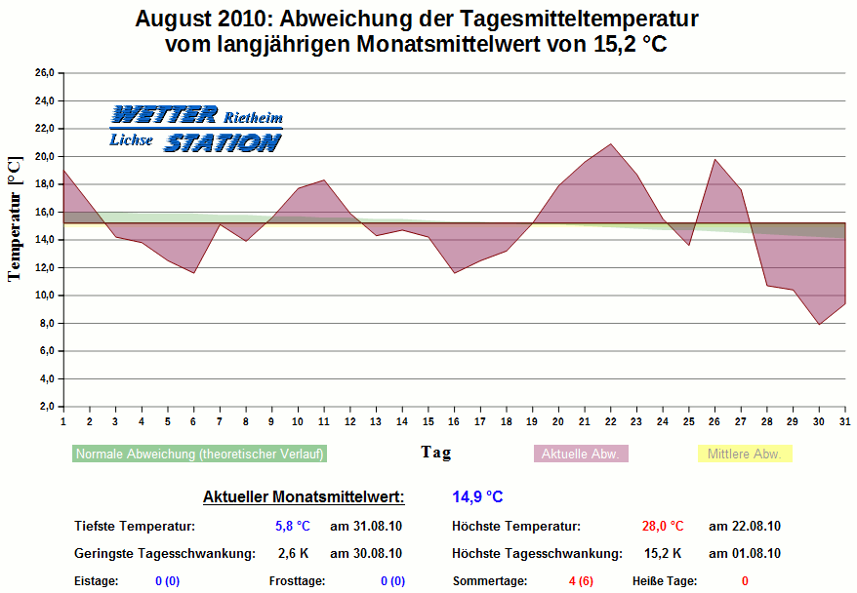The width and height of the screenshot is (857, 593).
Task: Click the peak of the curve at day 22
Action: (611, 144)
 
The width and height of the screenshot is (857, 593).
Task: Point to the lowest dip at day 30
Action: (819, 324)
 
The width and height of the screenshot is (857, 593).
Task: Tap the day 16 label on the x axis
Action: (454, 421)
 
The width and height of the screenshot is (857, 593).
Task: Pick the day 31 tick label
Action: (844, 421)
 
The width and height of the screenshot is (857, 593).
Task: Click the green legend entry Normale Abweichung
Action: (199, 454)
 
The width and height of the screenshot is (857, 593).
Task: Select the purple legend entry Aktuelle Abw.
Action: (581, 454)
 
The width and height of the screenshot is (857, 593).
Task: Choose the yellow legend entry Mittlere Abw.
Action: (744, 454)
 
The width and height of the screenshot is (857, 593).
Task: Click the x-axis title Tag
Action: (435, 453)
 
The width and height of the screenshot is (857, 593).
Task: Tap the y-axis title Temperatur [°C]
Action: (14, 217)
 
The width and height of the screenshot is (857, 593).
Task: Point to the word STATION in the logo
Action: (222, 143)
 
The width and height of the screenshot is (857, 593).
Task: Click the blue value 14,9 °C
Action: (477, 497)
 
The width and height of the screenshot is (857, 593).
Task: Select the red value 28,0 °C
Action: (663, 527)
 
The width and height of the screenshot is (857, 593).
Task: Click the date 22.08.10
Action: (744, 527)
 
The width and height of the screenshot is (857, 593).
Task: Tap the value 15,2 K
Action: (664, 554)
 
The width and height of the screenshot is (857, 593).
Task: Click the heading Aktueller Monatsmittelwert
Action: (304, 497)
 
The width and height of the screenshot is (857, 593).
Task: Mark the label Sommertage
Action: (489, 581)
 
